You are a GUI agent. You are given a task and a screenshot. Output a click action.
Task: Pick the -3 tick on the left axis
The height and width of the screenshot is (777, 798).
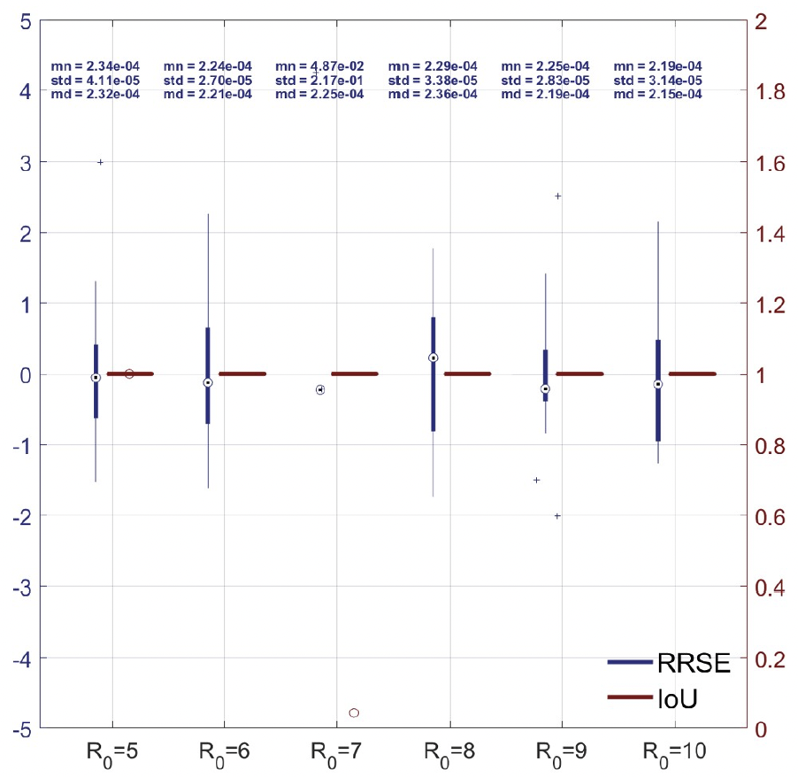pos(26,587)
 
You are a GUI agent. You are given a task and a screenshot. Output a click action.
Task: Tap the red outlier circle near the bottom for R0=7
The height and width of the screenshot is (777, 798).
pos(354,712)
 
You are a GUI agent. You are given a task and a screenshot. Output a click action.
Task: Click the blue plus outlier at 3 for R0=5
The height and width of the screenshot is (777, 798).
pos(100,162)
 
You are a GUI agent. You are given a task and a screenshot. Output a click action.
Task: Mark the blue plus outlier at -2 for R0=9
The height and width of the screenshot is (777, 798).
pos(557,515)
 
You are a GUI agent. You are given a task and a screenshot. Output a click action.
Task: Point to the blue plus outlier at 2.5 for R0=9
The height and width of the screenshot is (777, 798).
pos(558,196)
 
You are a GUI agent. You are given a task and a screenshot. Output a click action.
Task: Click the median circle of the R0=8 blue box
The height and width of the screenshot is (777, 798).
pos(434,358)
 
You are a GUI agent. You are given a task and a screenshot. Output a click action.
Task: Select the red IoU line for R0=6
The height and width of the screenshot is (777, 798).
pos(242,373)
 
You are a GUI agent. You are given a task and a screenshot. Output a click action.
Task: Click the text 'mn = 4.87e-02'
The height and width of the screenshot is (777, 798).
pos(319,66)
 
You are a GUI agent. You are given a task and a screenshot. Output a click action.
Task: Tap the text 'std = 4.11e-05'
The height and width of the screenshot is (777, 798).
pos(95,81)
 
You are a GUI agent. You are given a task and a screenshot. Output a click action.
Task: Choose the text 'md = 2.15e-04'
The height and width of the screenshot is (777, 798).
pos(657,95)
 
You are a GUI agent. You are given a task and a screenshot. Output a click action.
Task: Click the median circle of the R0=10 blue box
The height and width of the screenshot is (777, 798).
pos(658,384)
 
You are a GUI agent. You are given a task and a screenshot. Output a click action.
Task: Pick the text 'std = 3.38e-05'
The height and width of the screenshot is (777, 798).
pos(433,81)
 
